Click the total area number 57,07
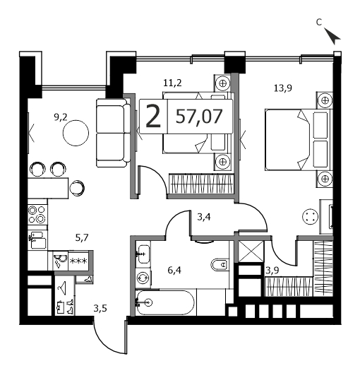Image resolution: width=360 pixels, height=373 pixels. tap(199, 117)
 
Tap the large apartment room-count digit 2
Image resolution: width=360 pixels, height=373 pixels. tap(153, 117)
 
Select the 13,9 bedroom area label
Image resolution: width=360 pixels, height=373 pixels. tap(283, 88)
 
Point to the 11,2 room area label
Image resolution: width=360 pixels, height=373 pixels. tap(172, 83)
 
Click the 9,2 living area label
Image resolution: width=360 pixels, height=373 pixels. tap(61, 117)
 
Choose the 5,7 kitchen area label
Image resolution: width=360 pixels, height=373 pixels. tap(82, 237)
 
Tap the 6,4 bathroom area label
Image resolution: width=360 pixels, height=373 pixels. tap(174, 271)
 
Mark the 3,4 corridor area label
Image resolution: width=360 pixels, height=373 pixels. tap(204, 217)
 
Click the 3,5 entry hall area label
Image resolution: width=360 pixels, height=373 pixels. tap(100, 309)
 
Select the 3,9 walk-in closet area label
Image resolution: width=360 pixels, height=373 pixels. tap(272, 271)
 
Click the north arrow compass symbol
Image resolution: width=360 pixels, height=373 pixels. tap(332, 36)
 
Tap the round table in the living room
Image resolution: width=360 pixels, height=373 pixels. tap(76, 133)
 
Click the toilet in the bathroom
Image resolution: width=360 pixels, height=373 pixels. tap(220, 264)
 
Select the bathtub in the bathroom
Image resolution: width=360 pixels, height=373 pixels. tap(165, 302)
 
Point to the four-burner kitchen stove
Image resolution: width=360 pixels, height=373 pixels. tap(37, 214)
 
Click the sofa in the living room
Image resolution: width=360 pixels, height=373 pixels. tap(114, 133)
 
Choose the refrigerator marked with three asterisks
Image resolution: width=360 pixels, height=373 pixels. tap(78, 261)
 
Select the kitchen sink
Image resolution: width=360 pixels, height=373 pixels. tap(37, 239)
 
